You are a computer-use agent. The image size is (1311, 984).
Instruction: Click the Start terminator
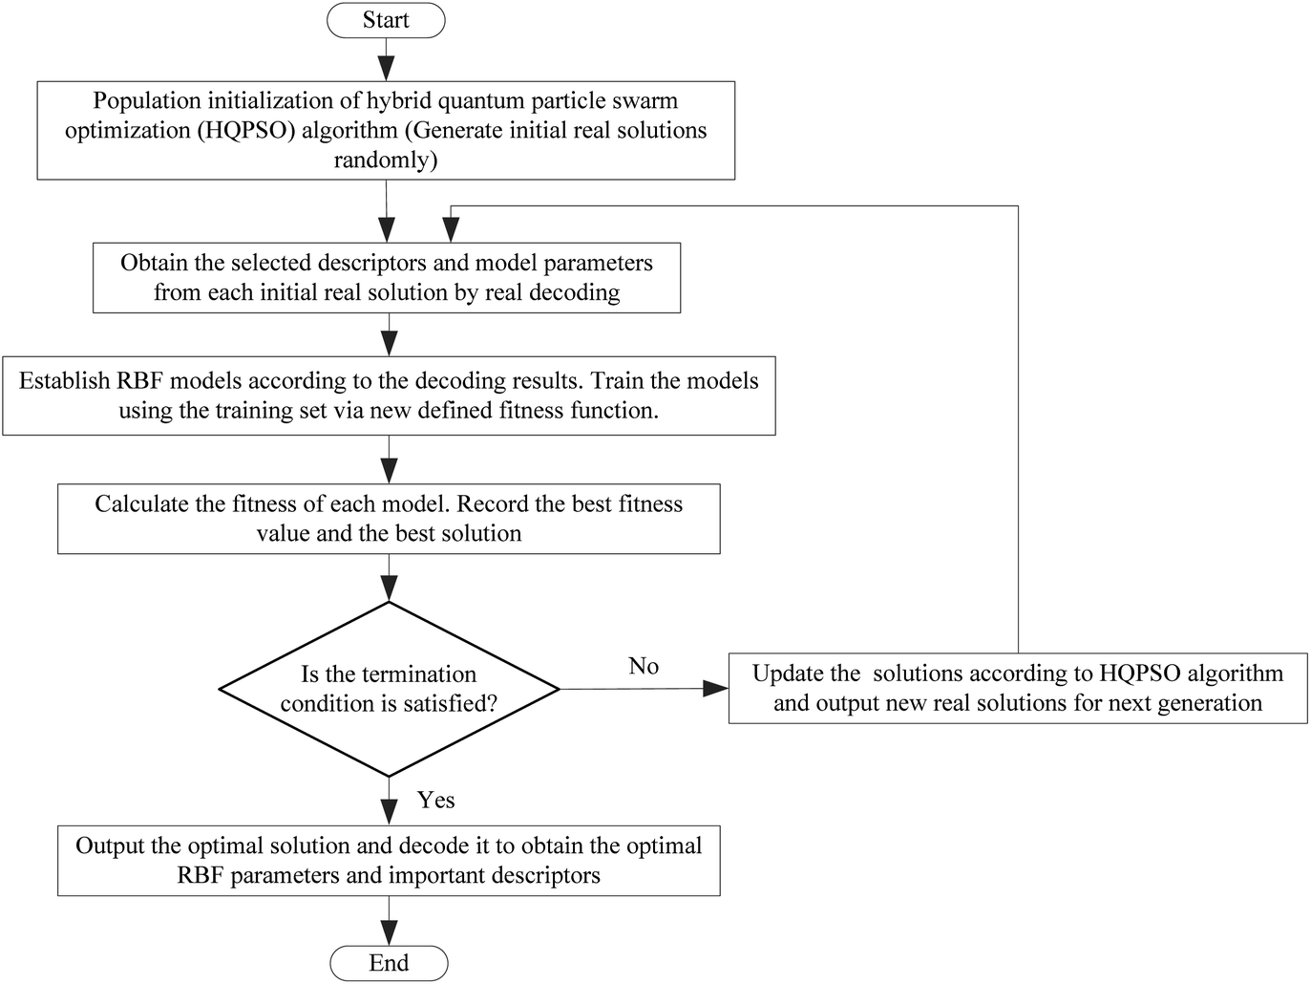click(x=386, y=20)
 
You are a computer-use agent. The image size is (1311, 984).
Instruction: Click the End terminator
click(x=389, y=963)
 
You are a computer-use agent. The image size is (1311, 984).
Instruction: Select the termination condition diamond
click(x=389, y=689)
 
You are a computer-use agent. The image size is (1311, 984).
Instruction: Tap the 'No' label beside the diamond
click(x=644, y=666)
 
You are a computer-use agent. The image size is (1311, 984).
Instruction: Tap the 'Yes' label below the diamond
click(x=436, y=800)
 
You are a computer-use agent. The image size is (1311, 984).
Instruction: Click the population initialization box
click(x=386, y=130)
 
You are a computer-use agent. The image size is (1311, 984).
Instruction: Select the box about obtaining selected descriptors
click(x=387, y=278)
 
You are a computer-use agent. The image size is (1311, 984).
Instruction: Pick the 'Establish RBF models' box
click(x=389, y=396)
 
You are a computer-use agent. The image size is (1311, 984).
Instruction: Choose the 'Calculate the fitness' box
click(x=389, y=519)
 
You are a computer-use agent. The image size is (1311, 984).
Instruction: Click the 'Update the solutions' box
click(x=1018, y=688)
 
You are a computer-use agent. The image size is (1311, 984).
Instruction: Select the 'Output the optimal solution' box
click(x=389, y=861)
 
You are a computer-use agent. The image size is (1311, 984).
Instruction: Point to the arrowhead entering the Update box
click(x=716, y=688)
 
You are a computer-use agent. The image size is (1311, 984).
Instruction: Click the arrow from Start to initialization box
click(x=386, y=60)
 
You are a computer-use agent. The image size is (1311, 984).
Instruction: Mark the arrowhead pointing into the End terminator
click(x=389, y=933)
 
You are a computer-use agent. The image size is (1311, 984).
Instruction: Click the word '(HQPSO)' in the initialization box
click(x=246, y=130)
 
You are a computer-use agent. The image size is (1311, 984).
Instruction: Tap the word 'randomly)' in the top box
click(x=386, y=160)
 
